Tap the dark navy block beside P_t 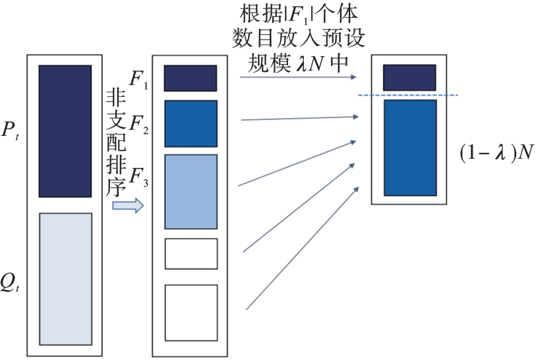tap(65, 131)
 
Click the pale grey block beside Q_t tap(65, 279)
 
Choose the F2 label tap(138, 123)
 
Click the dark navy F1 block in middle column tap(191, 78)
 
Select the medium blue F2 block tap(191, 123)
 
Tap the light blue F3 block tap(191, 191)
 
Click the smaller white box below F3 tap(191, 254)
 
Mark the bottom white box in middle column tap(191, 311)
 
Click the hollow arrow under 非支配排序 tap(128, 206)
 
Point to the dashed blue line tap(407, 96)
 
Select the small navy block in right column tap(409, 77)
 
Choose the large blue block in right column tap(409, 148)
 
